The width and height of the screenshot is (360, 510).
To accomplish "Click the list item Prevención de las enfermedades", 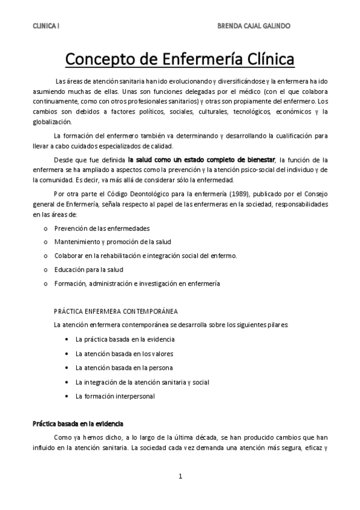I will click(x=102, y=229).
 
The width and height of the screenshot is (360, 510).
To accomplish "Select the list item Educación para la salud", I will click(x=88, y=269).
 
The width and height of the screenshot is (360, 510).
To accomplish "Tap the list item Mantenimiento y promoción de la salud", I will click(x=112, y=242).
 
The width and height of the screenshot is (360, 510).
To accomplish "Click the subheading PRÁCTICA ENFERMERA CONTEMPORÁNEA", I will click(x=115, y=312).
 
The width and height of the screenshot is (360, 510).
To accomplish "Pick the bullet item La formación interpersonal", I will click(x=115, y=396).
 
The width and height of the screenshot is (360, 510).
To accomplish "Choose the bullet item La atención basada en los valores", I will click(x=124, y=353).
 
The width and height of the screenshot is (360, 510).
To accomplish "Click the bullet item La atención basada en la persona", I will click(x=124, y=367).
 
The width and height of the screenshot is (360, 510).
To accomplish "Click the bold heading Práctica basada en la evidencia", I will click(x=78, y=423).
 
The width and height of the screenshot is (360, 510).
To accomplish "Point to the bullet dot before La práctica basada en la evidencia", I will click(x=66, y=339).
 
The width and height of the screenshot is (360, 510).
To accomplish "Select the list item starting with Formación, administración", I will click(x=137, y=283).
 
